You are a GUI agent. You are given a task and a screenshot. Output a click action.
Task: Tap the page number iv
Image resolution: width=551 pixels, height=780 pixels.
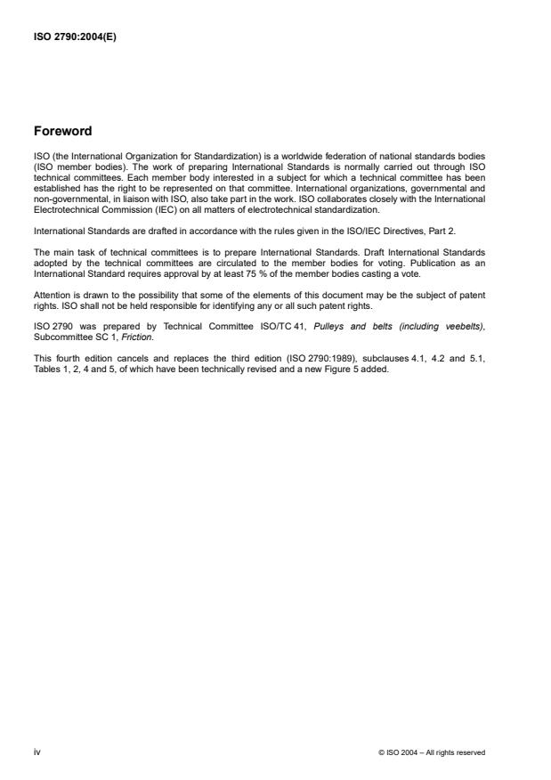tap(36, 752)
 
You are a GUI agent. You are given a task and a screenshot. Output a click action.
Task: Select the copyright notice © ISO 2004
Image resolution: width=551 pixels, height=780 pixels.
tap(432, 753)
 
